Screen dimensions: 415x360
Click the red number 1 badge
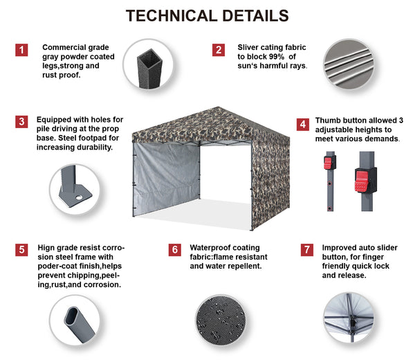(x=21, y=50)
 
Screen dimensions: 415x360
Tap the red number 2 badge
(x=219, y=50)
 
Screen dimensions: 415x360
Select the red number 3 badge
(x=21, y=122)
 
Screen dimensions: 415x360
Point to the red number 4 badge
(x=303, y=124)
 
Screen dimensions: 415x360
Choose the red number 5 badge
(x=21, y=250)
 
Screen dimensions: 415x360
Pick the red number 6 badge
(x=175, y=250)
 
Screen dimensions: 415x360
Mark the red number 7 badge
(x=306, y=250)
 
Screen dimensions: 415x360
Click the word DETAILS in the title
(x=256, y=16)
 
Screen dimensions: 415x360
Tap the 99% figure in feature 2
(x=277, y=57)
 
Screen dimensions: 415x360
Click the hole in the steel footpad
(x=79, y=197)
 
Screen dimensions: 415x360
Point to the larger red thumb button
(x=361, y=181)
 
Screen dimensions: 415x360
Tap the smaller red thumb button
(x=328, y=163)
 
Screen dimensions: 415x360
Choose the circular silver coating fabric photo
(x=349, y=64)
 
